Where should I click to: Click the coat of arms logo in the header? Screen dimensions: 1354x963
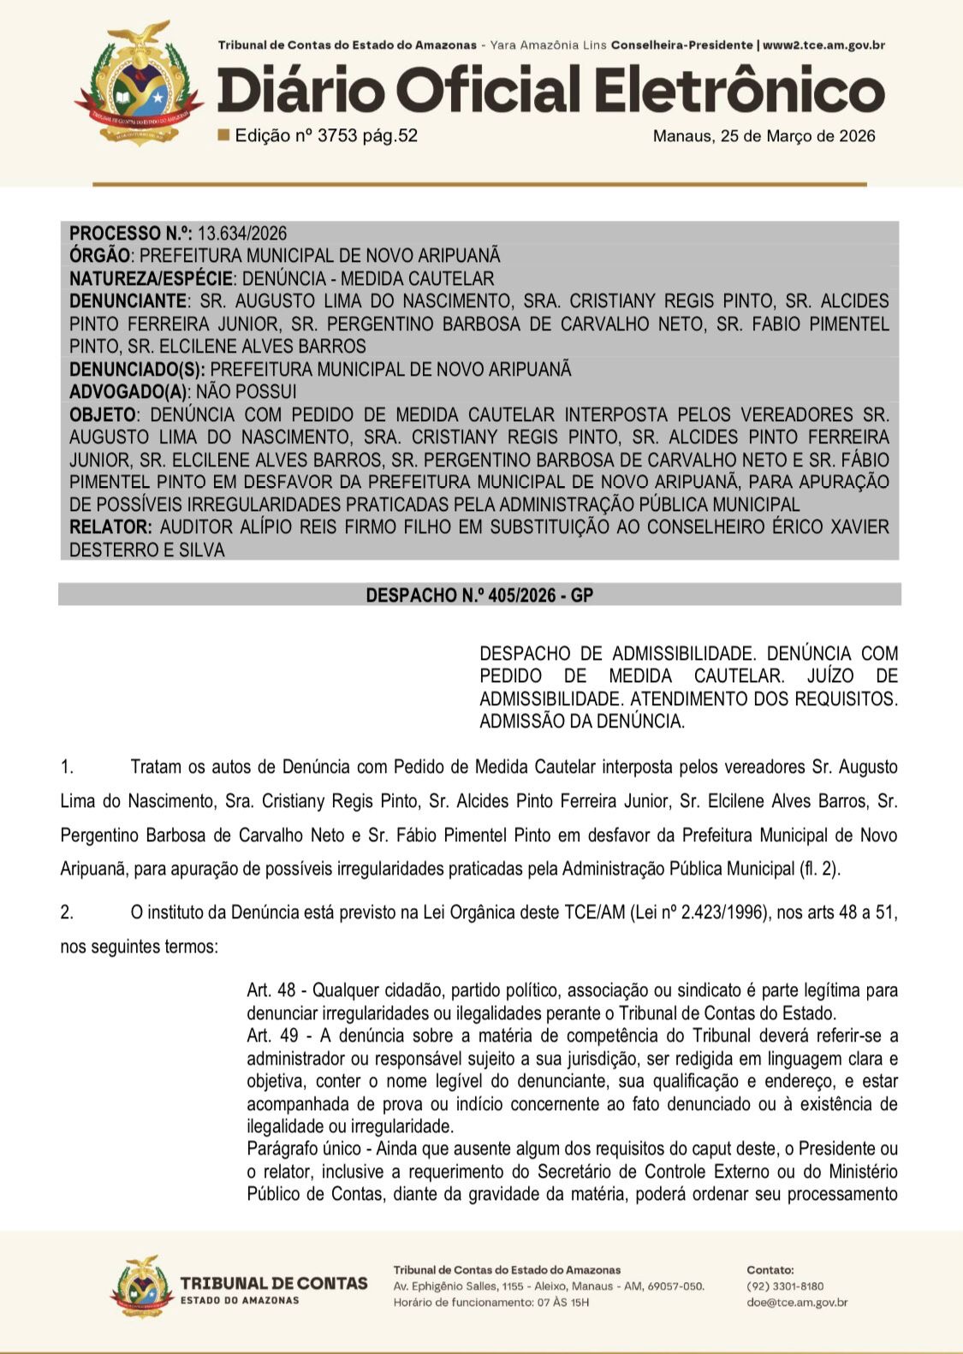click(x=139, y=83)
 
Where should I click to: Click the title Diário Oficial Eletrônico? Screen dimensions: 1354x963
click(x=550, y=92)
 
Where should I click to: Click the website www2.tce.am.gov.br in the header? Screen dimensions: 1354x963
click(x=823, y=45)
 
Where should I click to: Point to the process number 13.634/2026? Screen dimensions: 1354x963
click(x=242, y=234)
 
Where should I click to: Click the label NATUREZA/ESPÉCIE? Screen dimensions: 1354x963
click(x=151, y=279)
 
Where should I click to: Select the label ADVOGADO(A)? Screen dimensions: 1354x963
click(x=128, y=392)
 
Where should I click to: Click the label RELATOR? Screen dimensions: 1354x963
click(x=110, y=527)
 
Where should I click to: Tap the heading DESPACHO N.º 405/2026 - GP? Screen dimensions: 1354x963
click(x=479, y=595)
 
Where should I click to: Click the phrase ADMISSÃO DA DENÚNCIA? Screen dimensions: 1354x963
click(x=582, y=722)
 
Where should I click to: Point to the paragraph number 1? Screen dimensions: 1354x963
click(x=67, y=767)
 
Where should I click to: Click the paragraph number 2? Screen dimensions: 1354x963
click(x=67, y=912)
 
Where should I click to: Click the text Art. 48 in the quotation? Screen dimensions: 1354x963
click(x=270, y=990)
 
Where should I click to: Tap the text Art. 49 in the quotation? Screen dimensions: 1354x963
click(x=270, y=1036)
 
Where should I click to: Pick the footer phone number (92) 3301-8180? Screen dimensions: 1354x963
click(x=785, y=1286)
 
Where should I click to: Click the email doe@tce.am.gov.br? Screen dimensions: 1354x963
click(x=797, y=1303)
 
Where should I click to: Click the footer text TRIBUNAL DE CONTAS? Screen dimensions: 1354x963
click(x=274, y=1283)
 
